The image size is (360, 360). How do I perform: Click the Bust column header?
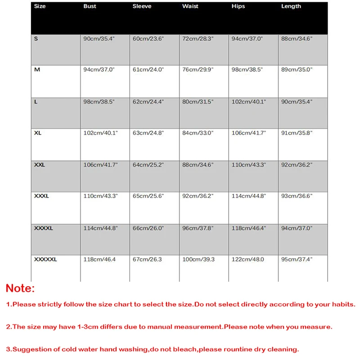(90, 6)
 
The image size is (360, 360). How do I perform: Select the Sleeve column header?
(142, 6)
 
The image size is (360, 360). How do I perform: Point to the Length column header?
(291, 6)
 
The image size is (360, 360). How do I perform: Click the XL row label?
(38, 133)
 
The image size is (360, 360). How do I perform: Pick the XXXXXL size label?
(45, 259)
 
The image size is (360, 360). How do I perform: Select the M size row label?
(37, 70)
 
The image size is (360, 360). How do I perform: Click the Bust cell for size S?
(99, 39)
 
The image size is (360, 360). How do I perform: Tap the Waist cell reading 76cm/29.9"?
(198, 70)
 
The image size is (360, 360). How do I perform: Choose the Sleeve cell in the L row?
(148, 102)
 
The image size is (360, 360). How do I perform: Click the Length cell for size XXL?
(297, 165)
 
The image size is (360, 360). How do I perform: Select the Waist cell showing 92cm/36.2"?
(198, 196)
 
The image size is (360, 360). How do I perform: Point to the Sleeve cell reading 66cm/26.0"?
(148, 228)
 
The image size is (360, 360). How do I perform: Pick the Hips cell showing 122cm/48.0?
(247, 260)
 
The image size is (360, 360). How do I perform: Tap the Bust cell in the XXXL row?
(100, 196)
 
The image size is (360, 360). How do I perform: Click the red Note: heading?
(20, 288)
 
